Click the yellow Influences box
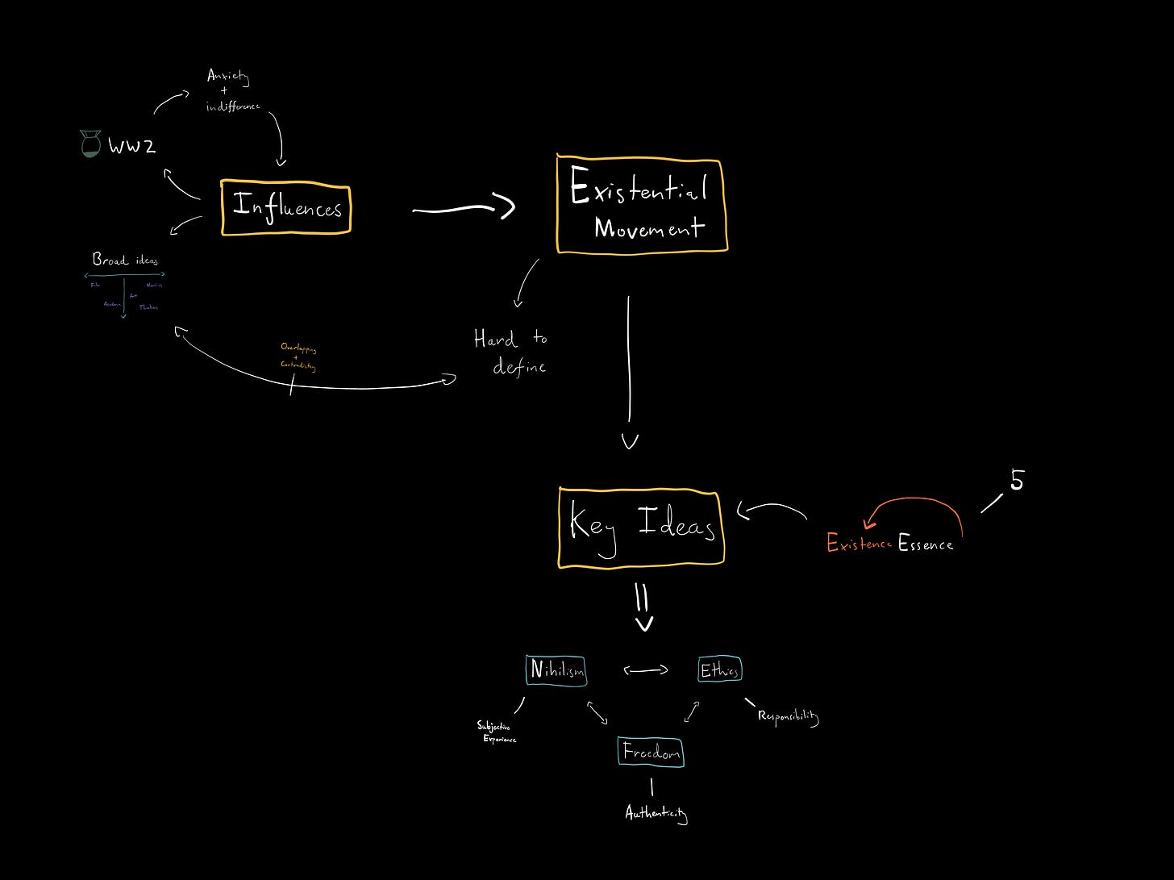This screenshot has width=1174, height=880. coord(286,209)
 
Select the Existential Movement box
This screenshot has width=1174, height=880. coord(642,206)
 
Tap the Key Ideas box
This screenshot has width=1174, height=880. coord(641,528)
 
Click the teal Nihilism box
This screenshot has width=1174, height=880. coord(556,670)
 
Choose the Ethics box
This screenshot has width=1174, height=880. coord(719,669)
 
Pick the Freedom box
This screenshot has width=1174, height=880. coord(651,753)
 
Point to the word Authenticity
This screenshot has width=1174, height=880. coord(656,813)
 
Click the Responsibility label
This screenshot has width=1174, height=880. coord(788,716)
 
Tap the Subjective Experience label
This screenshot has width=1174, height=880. coord(495,732)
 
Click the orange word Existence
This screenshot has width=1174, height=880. coord(859,544)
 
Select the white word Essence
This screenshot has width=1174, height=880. coord(926,544)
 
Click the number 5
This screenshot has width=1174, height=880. coord(1017,481)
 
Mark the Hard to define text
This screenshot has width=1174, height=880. coord(510,352)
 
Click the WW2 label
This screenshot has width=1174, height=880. coord(131,147)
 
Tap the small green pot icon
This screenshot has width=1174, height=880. coord(90,144)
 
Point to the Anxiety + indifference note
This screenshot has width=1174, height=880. coord(231,90)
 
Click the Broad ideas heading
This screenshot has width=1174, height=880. coord(125,260)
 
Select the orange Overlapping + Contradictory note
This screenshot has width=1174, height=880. coord(298,357)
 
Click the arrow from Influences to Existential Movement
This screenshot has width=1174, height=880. coord(463,209)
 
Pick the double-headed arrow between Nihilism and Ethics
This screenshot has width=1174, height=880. coord(646,669)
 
